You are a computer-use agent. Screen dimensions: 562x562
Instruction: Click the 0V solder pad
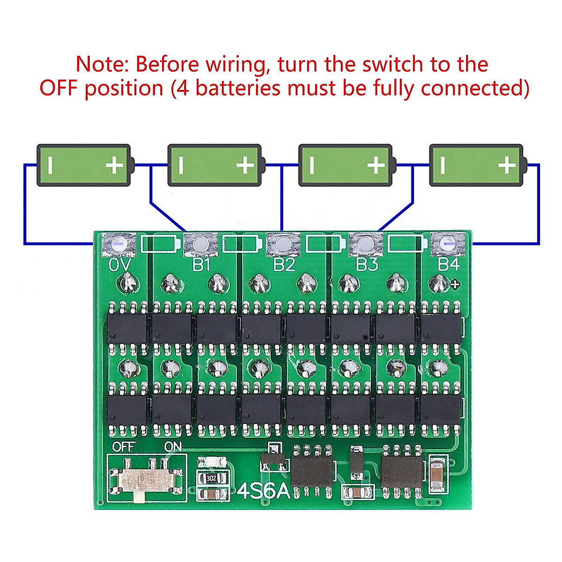pos(120,244)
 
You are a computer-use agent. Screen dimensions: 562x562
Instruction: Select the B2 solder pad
pos(283,244)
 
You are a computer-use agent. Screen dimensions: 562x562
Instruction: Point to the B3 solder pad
pos(366,244)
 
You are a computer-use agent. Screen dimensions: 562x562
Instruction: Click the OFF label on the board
pos(124,447)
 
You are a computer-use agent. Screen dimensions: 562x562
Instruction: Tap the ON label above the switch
pos(173,447)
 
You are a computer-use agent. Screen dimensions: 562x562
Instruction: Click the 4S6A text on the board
pos(264,491)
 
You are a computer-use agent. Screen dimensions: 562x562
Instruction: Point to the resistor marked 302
pos(212,478)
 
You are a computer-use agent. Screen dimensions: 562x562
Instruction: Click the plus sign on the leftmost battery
pos(114,165)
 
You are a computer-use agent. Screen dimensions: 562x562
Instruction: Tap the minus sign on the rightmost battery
pos(443,165)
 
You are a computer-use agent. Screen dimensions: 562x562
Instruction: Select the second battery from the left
pos(214,165)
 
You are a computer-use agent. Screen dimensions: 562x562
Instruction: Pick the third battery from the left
pos(345,165)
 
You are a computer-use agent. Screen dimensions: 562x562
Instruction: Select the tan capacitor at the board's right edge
pos(437,474)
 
